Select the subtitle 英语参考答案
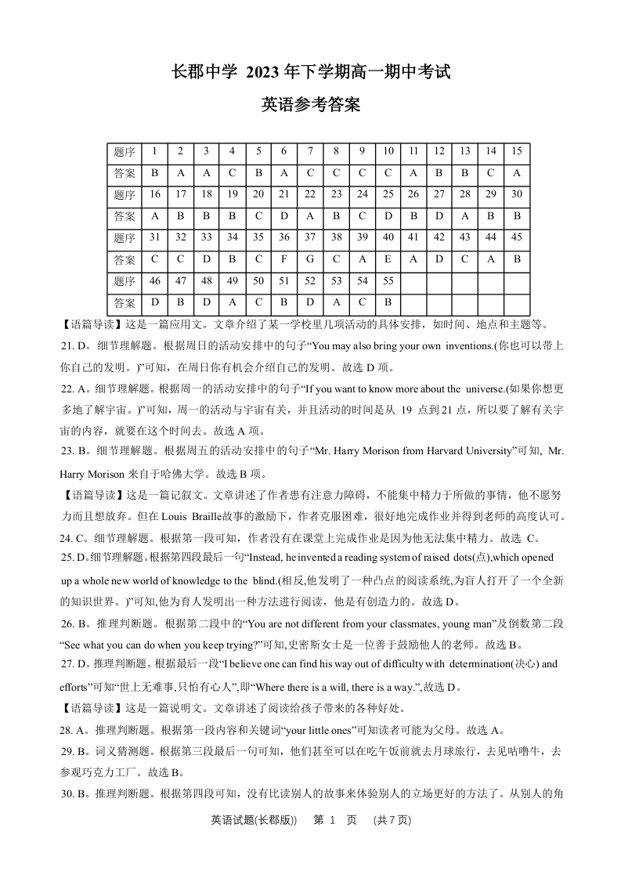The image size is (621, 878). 310,105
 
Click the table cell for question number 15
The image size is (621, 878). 516,152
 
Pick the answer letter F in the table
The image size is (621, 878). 283,259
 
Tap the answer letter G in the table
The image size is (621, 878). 310,259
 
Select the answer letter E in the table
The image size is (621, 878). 388,259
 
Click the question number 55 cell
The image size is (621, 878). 388,281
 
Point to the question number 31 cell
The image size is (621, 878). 154,238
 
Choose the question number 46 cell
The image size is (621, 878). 154,281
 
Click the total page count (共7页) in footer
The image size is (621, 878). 392,821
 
